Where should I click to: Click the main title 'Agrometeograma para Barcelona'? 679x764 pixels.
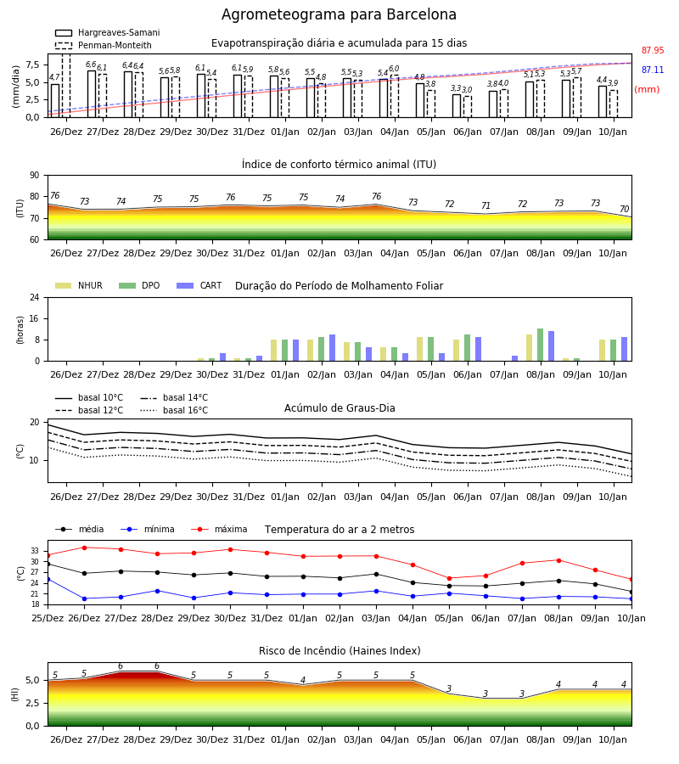pos(339,14)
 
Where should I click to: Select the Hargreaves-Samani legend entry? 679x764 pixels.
pos(107,32)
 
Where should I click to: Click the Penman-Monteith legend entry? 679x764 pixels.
pos(104,45)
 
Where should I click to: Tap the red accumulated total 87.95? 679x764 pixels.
pos(653,50)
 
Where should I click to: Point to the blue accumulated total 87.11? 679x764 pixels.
pos(653,70)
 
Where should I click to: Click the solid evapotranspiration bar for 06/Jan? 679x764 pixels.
pos(457,106)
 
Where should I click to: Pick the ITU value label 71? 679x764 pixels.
pos(485,205)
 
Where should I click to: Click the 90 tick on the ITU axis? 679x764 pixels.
pos(35,176)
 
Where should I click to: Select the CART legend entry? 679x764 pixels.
pos(199,285)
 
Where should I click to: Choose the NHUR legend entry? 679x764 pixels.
pos(79,285)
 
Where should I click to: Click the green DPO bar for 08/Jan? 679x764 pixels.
pos(540,345)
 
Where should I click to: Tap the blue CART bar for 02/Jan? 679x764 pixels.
pos(332,348)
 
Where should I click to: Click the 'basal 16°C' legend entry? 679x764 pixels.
pos(174,410)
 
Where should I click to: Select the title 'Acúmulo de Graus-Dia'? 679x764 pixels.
pos(339,407)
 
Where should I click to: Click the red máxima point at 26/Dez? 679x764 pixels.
pos(84,548)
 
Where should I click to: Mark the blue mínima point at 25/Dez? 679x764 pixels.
pos(48,579)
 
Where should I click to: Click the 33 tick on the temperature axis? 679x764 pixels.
pos(35,551)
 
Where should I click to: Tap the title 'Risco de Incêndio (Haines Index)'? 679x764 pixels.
pos(339,651)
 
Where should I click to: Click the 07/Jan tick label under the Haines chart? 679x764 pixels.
pos(504,739)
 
